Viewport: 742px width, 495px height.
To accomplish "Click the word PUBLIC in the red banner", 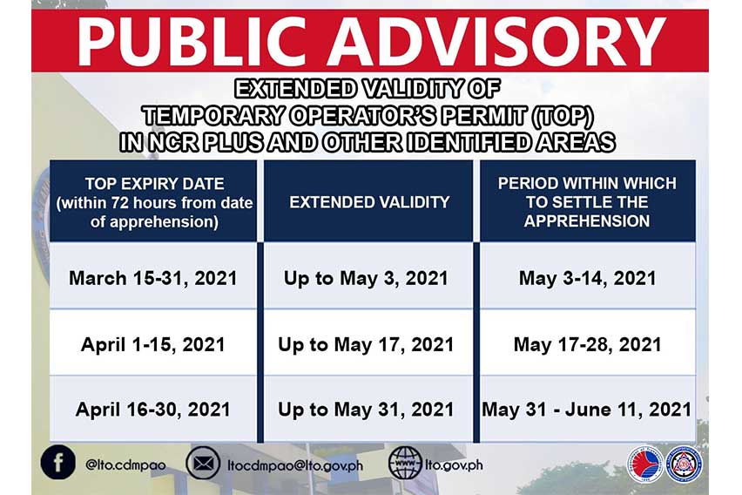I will click(x=192, y=40).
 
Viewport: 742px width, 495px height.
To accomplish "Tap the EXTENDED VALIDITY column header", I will click(x=369, y=201).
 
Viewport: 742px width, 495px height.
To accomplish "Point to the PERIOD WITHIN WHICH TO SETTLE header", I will click(x=586, y=201).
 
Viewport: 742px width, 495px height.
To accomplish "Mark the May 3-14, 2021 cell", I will click(x=586, y=279).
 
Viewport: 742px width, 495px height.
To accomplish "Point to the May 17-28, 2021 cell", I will click(x=586, y=344).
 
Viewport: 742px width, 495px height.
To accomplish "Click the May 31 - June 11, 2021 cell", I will click(x=586, y=409).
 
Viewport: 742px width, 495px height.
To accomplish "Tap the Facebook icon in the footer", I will click(x=57, y=464).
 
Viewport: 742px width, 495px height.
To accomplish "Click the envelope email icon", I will click(x=203, y=464).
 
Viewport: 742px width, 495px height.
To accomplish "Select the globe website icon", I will click(x=405, y=464).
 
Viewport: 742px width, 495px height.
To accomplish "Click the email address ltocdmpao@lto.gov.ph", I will click(x=293, y=464).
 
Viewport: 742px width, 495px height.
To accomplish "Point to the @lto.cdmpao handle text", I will click(x=126, y=464).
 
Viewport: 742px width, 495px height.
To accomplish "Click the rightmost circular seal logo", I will click(x=684, y=463).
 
